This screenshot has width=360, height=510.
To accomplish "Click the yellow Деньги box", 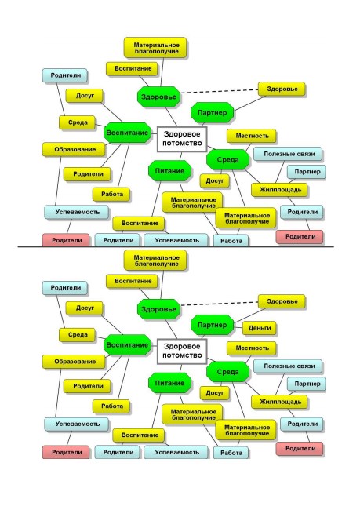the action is pyautogui.click(x=259, y=328).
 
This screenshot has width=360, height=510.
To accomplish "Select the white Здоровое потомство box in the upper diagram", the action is pyautogui.click(x=182, y=139).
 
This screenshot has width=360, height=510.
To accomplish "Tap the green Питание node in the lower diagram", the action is pyautogui.click(x=169, y=383).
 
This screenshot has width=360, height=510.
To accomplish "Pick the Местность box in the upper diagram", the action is pyautogui.click(x=252, y=136).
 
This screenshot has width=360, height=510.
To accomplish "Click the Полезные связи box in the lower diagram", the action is pyautogui.click(x=289, y=366).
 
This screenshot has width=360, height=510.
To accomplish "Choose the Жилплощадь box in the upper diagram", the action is pyautogui.click(x=280, y=189).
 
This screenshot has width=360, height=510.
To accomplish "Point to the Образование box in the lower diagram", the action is pyautogui.click(x=75, y=362).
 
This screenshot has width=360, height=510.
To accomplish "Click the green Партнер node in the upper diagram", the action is pyautogui.click(x=212, y=112).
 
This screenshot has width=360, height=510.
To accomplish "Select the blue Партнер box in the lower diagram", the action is pyautogui.click(x=307, y=384).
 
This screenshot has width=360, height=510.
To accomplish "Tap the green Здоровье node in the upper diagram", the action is pyautogui.click(x=158, y=97).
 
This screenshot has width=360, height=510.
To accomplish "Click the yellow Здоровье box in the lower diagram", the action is pyautogui.click(x=282, y=301).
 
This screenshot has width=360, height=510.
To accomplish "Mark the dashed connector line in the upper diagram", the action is pyautogui.click(x=220, y=91).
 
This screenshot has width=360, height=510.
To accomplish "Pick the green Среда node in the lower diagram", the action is pyautogui.click(x=227, y=372).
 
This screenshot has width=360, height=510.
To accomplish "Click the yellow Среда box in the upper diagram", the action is pyautogui.click(x=78, y=122).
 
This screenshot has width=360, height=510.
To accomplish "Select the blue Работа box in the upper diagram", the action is pyautogui.click(x=231, y=241).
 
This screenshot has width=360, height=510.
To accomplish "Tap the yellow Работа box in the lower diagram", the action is pyautogui.click(x=112, y=406).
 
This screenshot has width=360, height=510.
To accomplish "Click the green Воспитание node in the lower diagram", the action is pyautogui.click(x=127, y=345).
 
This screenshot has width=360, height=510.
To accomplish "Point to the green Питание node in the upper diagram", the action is pyautogui.click(x=169, y=171).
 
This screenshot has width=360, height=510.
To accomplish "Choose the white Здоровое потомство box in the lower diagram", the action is pyautogui.click(x=182, y=352).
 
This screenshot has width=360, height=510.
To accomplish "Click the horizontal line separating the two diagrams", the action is pyautogui.click(x=176, y=247).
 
